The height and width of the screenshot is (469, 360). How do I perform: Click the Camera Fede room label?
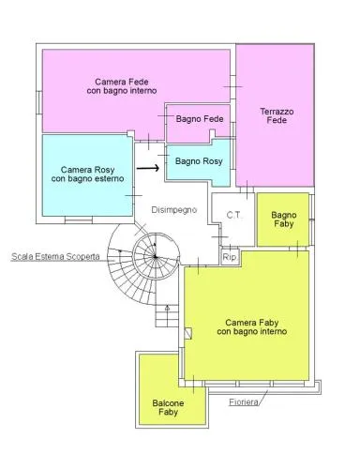click(x=122, y=86)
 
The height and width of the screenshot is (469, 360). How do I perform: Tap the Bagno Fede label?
click(x=200, y=119)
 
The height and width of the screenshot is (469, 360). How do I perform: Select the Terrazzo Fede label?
click(x=277, y=115)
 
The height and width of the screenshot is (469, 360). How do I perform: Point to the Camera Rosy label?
click(x=87, y=174)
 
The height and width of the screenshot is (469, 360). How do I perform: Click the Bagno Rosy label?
click(x=199, y=161)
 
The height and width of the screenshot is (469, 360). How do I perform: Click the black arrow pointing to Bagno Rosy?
click(x=148, y=168)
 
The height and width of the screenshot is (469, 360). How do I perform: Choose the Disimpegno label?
click(x=174, y=209)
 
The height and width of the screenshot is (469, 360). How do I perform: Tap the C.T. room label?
click(x=233, y=215)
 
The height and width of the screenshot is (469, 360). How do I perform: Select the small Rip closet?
click(x=230, y=257)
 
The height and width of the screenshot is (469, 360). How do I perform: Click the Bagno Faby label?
click(x=283, y=219)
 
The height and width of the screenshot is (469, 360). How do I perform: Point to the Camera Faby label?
click(x=252, y=326)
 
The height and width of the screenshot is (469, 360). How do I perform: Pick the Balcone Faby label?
click(x=168, y=407)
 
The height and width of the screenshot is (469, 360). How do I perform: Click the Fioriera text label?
click(x=244, y=401)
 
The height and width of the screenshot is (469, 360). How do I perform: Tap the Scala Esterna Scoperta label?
click(x=55, y=257)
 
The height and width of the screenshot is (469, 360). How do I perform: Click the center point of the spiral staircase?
click(x=156, y=257)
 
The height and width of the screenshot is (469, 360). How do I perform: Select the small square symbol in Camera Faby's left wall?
click(x=188, y=333)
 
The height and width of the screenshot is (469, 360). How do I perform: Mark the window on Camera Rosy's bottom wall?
click(x=79, y=219)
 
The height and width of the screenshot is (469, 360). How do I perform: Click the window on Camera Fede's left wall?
click(x=39, y=102)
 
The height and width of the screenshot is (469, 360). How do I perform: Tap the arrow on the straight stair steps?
click(x=167, y=308)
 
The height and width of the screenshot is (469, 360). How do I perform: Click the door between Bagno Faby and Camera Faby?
click(x=297, y=249)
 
